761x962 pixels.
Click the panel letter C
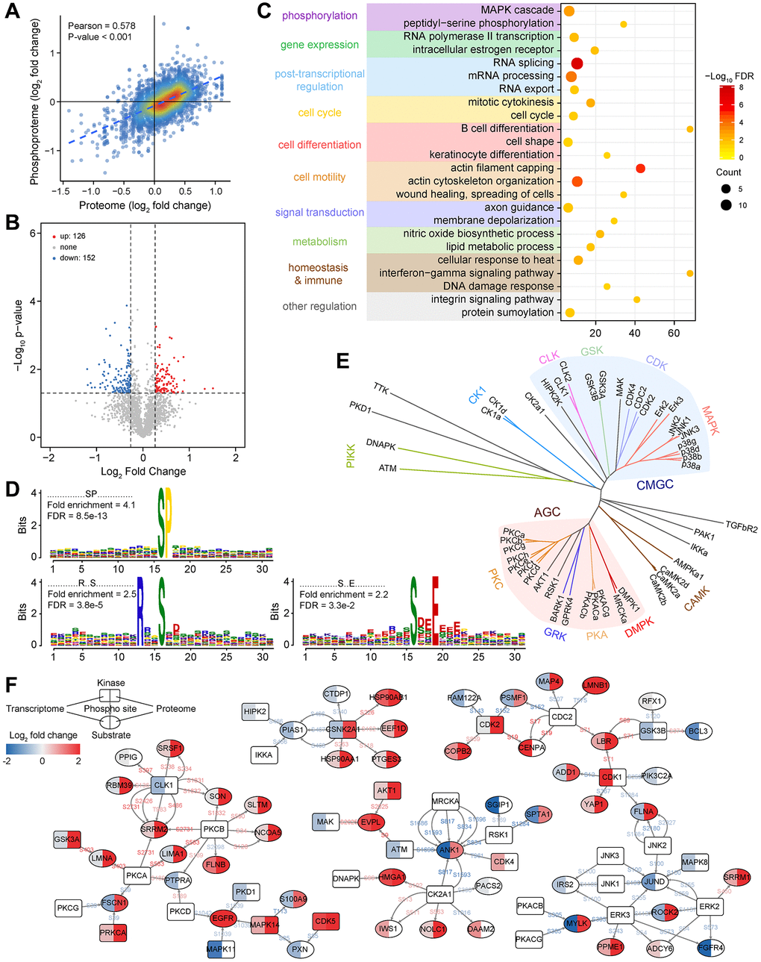click(x=263, y=12)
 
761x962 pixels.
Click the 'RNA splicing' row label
click(x=523, y=63)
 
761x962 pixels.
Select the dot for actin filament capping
click(x=640, y=169)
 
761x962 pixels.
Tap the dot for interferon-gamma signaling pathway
click(x=689, y=273)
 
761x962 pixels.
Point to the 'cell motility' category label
click(x=319, y=177)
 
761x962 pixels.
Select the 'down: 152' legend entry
click(x=77, y=257)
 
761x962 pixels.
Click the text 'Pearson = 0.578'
click(x=101, y=26)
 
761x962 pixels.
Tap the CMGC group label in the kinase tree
click(x=654, y=485)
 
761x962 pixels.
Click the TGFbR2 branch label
click(x=741, y=528)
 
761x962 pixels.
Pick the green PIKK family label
click(x=350, y=456)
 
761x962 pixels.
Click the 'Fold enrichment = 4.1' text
click(x=91, y=505)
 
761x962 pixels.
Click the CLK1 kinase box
click(x=163, y=785)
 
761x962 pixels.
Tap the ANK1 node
click(x=448, y=850)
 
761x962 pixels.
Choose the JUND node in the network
click(x=654, y=882)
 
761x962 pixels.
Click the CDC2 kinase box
click(x=562, y=716)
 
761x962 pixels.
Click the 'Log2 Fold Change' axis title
click(x=143, y=472)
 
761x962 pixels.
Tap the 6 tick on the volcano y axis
click(x=34, y=234)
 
